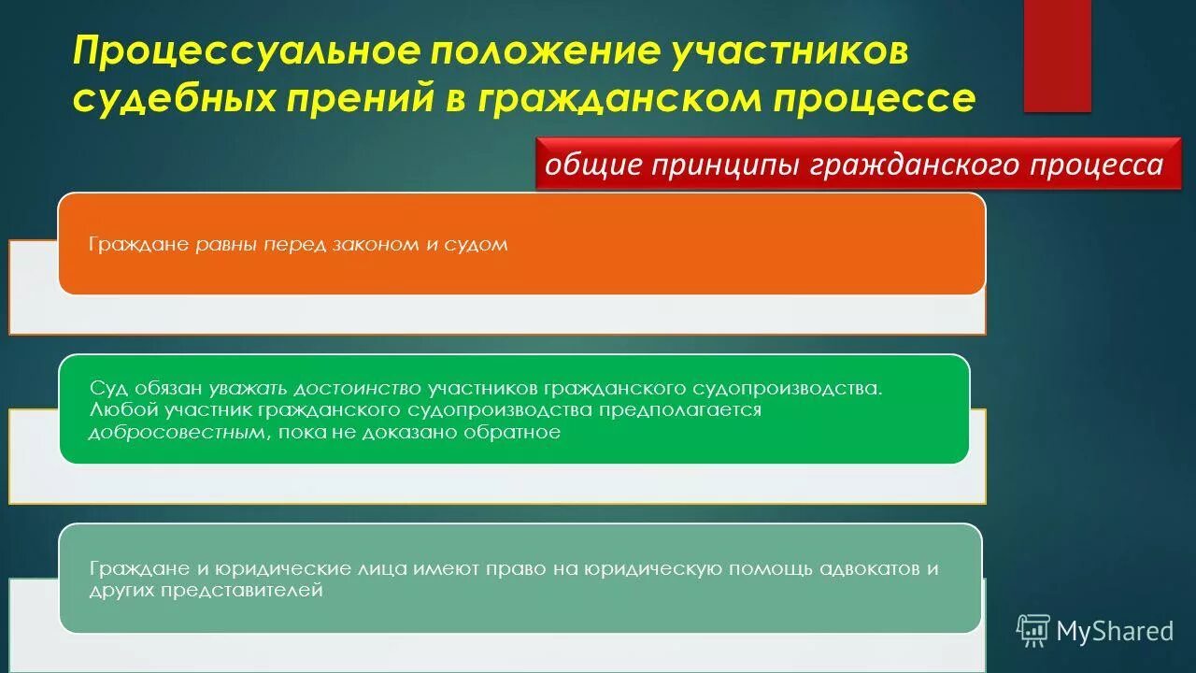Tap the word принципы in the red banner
click(724, 165)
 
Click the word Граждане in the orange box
click(139, 245)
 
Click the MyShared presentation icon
click(1032, 631)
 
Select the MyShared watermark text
click(1114, 632)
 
